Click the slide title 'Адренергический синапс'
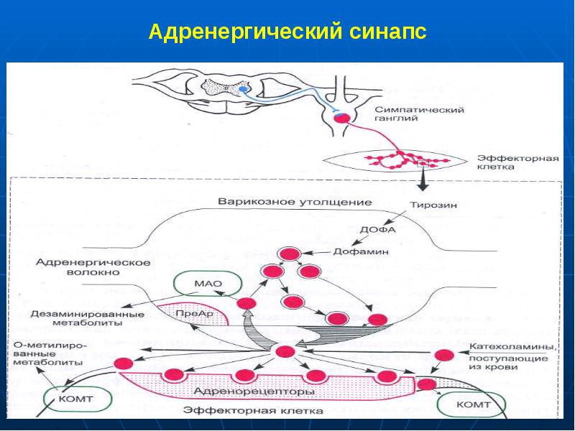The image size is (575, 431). [287, 32]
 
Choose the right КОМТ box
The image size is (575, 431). [473, 404]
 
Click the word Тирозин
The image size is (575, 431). [433, 204]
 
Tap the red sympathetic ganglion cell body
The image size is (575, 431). [343, 117]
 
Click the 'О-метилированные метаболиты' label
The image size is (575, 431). [50, 354]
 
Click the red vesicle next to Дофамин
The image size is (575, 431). [290, 254]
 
